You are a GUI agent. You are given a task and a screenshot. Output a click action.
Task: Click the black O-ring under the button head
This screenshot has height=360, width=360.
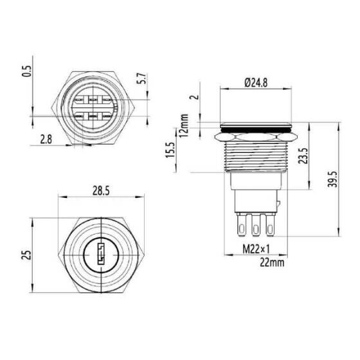click(256, 130)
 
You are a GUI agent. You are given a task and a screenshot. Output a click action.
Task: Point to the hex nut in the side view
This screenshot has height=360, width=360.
click(256, 136)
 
